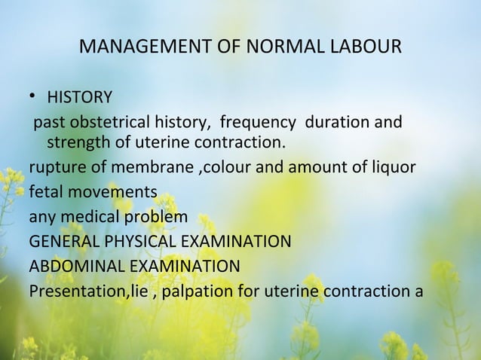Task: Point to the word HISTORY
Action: tap(80, 97)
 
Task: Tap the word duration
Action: tap(335, 122)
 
